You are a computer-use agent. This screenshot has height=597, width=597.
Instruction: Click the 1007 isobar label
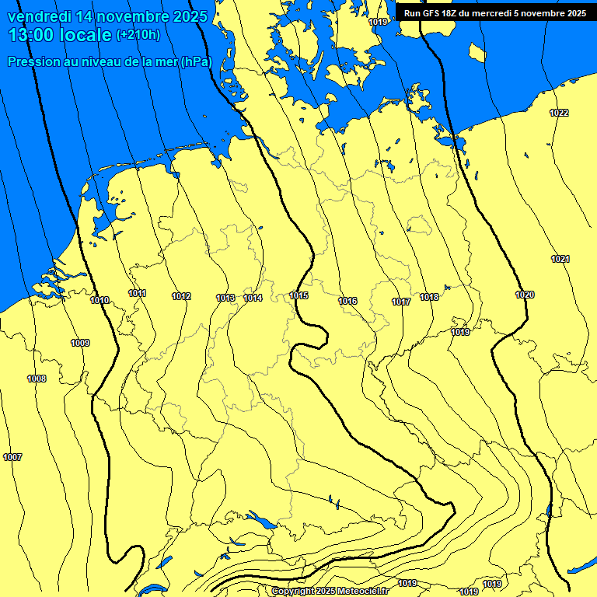pos(12,457)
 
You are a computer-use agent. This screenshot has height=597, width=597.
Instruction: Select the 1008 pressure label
pos(37,379)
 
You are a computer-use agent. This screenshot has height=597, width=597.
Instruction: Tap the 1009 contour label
pos(80,344)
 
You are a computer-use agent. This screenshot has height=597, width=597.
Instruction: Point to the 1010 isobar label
pos(99,301)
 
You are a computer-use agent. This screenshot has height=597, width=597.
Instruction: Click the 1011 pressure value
pos(138,294)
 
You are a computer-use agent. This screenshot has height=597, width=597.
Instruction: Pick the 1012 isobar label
pos(182,297)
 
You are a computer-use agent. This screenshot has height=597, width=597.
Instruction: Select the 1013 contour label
pos(225,298)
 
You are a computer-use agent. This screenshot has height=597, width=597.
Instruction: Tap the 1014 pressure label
pos(253,298)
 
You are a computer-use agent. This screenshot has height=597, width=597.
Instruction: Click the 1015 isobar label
pos(299,296)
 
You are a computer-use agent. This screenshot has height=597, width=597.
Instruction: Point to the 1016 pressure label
pos(347,302)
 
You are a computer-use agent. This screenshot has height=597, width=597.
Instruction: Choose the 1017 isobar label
pos(401,302)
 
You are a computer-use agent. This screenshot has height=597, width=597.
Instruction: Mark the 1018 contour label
pos(429,298)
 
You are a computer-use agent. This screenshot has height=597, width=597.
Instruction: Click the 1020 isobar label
pos(525,295)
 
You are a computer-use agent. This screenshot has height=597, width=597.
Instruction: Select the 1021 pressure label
pos(560,260)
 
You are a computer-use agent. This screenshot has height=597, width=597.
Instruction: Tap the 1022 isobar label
pos(559,113)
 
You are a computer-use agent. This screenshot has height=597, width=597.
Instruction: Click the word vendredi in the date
pos(40,16)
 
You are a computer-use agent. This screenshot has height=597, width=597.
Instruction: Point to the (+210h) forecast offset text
pos(138,35)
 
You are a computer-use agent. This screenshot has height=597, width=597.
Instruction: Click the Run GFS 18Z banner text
pos(495,13)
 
